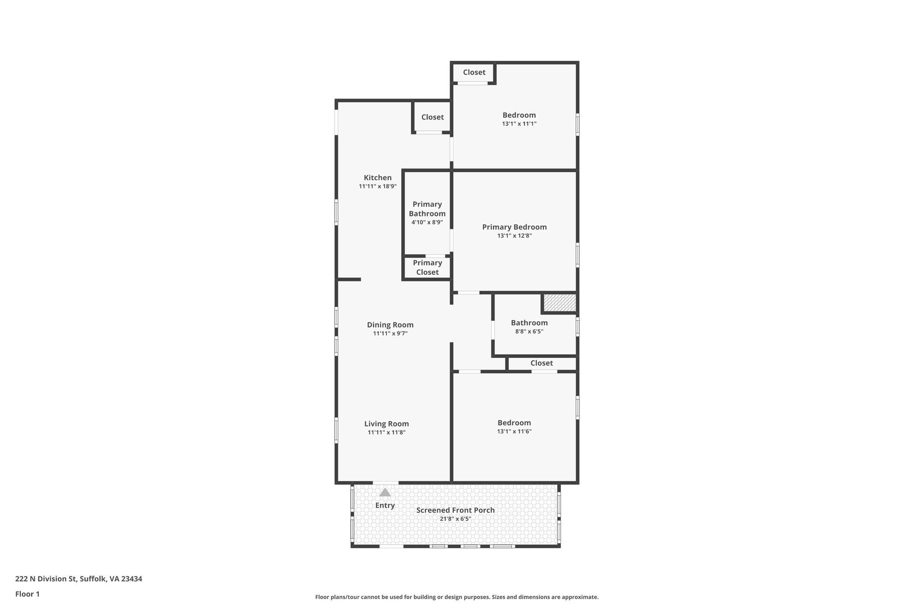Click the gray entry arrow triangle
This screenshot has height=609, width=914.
click(x=385, y=493)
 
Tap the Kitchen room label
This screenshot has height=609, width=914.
click(x=378, y=178)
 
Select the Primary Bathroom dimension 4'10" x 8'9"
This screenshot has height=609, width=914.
click(x=427, y=222)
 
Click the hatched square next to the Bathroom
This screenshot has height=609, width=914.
click(x=560, y=302)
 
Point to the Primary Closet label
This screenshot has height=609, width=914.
click(x=427, y=268)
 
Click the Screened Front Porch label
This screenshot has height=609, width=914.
click(x=455, y=510)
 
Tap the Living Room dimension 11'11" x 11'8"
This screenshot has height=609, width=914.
click(x=386, y=432)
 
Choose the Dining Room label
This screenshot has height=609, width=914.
click(x=390, y=325)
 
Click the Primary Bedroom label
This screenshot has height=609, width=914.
click(x=514, y=227)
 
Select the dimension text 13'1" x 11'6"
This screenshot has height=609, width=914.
click(x=514, y=431)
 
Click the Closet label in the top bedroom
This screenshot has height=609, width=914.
click(x=474, y=72)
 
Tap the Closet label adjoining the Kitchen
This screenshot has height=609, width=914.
click(x=432, y=117)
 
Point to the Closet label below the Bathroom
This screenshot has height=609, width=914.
click(x=541, y=363)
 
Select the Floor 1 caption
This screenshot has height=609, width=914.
click(x=27, y=594)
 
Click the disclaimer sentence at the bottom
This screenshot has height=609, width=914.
click(x=457, y=597)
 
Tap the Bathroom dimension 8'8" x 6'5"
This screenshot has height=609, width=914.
click(x=529, y=331)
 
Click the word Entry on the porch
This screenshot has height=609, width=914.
click(x=385, y=505)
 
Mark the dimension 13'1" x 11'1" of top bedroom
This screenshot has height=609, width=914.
click(x=519, y=124)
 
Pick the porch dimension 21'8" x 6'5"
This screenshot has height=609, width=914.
click(x=455, y=519)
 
